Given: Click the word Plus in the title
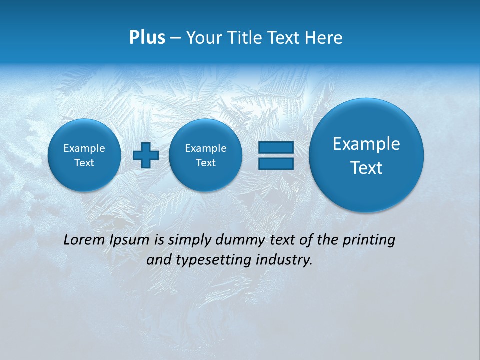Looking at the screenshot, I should point(147,38).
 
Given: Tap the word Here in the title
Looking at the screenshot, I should point(324,38).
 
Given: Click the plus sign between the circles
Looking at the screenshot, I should point(146,155).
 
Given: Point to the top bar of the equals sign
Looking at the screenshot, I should point(276,147).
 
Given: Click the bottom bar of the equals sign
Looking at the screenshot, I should point(276,163).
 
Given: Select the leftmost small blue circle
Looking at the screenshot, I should point(84,155).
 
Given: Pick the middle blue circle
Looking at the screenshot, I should point(205,155).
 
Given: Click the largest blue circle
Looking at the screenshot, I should point(366,155).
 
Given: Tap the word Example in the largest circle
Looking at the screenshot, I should point(366,144).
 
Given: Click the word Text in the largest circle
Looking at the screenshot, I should point(366,168).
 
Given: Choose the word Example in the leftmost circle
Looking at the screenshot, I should point(84,148).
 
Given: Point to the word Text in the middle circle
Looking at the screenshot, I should point(205,163).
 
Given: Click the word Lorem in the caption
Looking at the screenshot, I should point(84,240).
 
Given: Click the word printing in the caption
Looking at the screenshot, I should point(370,240).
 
